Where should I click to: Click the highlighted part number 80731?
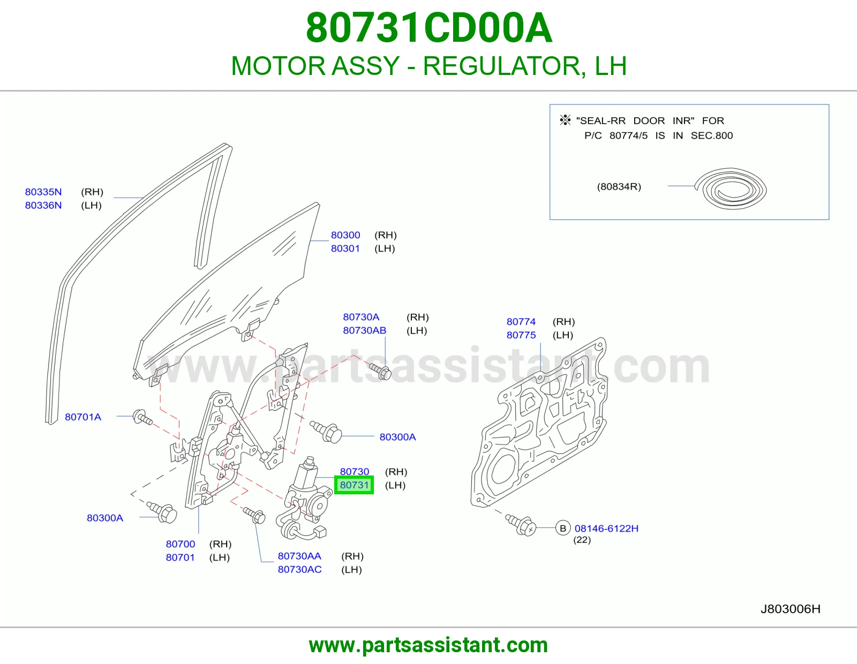coord(354,485)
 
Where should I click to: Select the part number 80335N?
coord(43,192)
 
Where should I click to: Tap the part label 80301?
coord(345,248)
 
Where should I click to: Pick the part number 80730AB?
coord(364,330)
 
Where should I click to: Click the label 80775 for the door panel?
coord(521,335)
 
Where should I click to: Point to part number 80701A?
coord(83,417)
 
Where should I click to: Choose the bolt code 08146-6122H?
coord(606,529)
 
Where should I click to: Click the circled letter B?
coord(563,528)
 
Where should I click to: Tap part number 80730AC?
coord(300,569)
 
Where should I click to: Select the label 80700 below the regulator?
coord(180,544)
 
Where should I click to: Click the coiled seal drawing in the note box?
coord(731,188)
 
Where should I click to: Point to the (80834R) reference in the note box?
coord(619,186)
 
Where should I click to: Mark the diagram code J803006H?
coord(791,609)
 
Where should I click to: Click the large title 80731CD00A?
coord(428,28)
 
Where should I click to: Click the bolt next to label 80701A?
coord(143,418)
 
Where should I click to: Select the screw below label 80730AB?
coord(380,371)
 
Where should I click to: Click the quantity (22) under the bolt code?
coord(582,540)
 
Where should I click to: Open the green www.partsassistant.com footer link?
coord(428,645)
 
